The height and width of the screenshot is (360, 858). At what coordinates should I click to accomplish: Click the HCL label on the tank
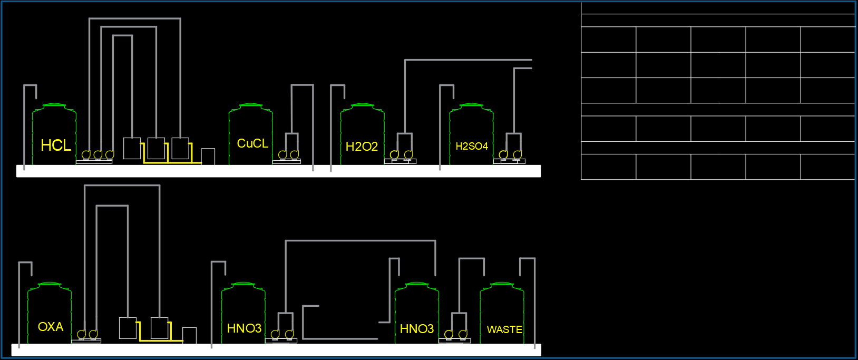(x=55, y=145)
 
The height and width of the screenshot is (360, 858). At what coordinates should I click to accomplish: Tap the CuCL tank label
(x=252, y=143)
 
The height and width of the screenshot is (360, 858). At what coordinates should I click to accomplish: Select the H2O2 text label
(x=362, y=147)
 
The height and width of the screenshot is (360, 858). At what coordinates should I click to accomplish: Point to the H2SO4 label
(x=472, y=146)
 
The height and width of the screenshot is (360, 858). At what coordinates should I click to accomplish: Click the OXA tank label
(x=51, y=327)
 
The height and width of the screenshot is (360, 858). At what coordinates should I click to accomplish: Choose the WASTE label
(x=504, y=329)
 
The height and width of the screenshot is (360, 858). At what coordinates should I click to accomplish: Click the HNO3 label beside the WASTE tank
(x=416, y=329)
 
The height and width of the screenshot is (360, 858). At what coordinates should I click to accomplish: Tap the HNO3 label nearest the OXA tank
(x=244, y=328)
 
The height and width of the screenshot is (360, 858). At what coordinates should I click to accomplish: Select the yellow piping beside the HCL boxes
(x=169, y=162)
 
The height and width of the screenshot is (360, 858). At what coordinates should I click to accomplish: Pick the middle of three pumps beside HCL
(x=98, y=154)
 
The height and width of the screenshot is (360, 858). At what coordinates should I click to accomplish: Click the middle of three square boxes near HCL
(x=156, y=148)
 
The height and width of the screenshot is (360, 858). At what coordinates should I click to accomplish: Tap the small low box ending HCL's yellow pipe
(x=208, y=157)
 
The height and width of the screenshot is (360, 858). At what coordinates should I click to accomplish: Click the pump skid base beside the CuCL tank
(x=287, y=161)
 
